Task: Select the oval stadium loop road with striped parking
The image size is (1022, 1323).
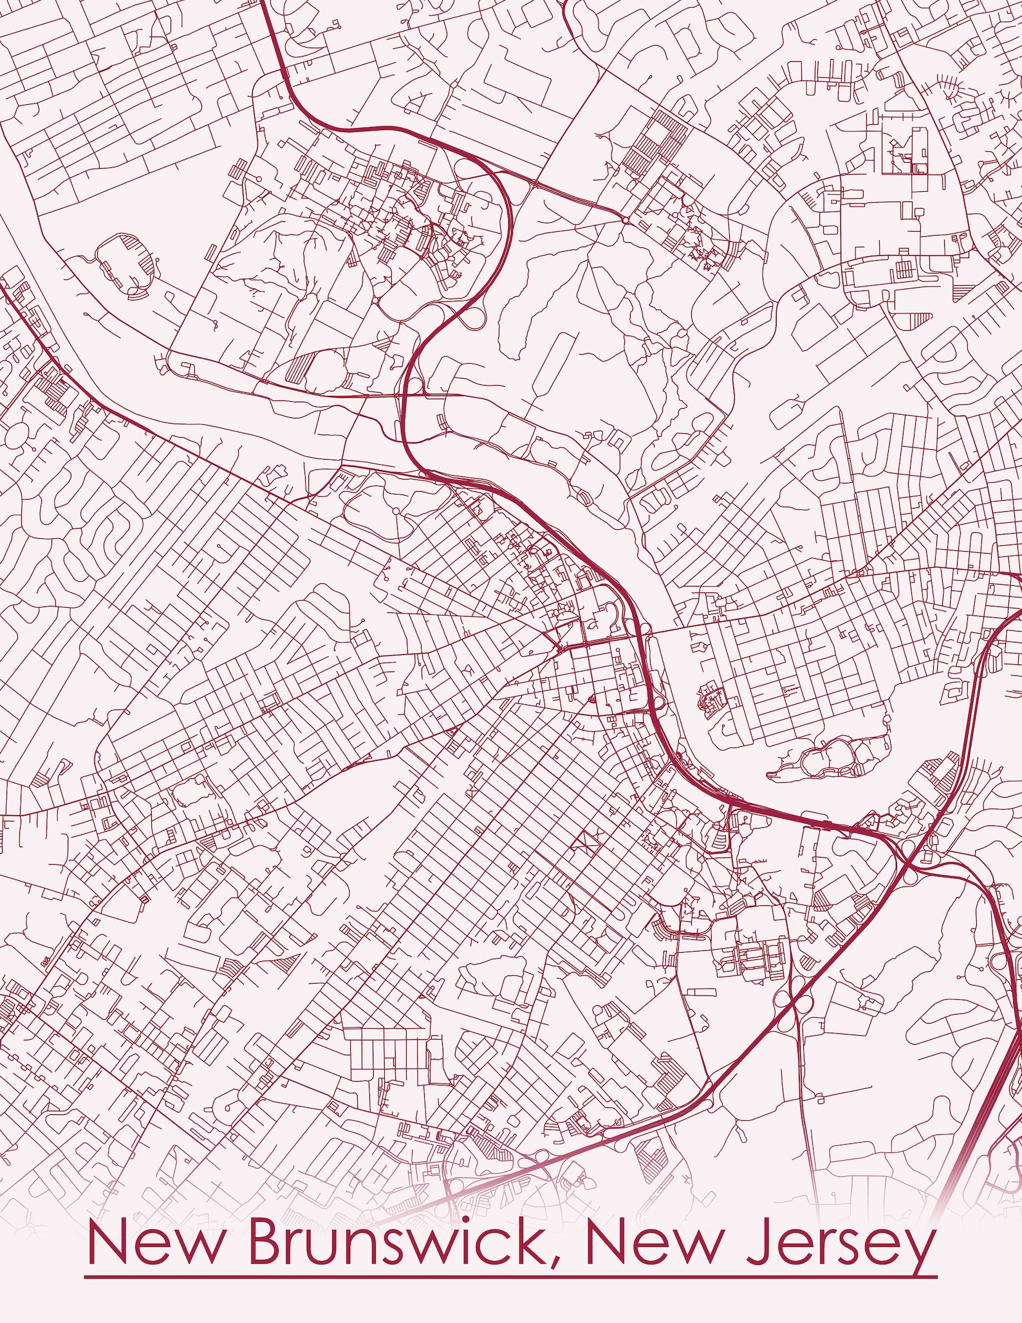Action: [x=126, y=265]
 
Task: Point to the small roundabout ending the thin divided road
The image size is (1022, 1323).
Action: [x=625, y=220]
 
